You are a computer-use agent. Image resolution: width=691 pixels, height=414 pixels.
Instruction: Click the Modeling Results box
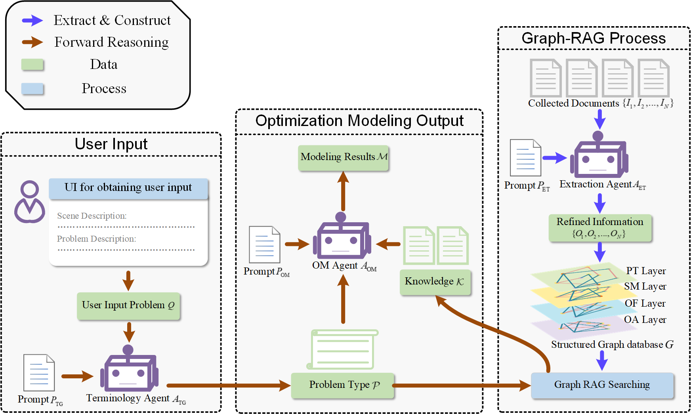(343, 158)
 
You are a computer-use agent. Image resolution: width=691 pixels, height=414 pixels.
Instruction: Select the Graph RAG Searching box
(602, 385)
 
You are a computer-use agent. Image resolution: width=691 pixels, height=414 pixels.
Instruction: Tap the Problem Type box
(343, 385)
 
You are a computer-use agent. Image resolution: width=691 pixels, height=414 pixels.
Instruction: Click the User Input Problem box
(128, 305)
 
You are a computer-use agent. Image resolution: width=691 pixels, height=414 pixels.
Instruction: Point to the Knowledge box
(435, 282)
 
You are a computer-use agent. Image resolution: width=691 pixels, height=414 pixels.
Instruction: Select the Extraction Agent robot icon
(599, 156)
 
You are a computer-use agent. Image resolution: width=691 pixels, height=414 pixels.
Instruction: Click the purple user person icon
(30, 202)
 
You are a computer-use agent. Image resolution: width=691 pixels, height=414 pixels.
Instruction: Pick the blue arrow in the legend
(32, 21)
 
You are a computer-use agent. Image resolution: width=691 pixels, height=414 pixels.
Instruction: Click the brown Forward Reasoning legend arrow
(32, 42)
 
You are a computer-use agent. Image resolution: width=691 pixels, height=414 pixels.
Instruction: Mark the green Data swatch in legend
(32, 65)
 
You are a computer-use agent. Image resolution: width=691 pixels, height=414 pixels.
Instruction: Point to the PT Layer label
(645, 271)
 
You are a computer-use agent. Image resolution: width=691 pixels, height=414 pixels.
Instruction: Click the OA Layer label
(645, 320)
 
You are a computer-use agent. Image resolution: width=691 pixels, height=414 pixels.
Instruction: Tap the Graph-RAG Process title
(593, 38)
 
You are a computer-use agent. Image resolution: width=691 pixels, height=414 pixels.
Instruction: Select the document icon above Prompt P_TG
(39, 372)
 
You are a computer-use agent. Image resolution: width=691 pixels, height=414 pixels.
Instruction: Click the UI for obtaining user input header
(128, 188)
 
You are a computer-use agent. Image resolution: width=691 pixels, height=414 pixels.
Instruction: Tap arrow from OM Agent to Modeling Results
(343, 191)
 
